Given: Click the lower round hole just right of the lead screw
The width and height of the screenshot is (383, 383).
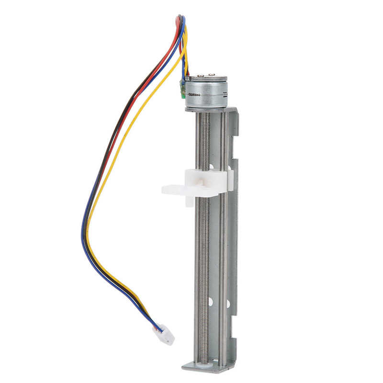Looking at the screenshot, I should [211, 302].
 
